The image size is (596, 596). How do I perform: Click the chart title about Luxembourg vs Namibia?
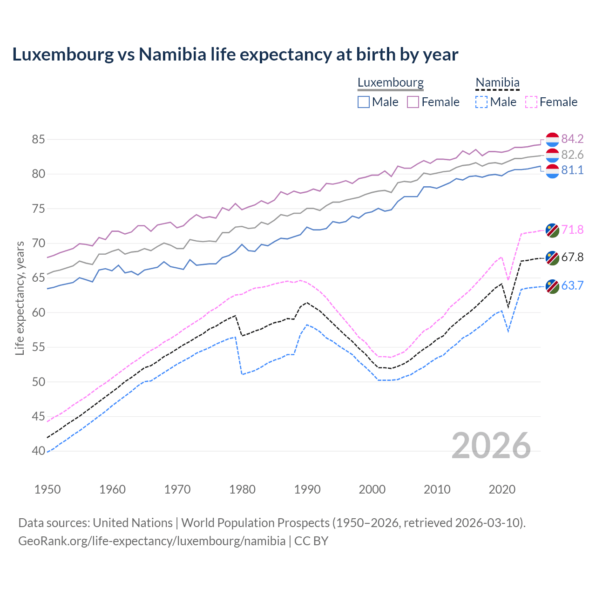[235, 54]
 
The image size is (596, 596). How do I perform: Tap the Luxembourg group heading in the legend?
[390, 82]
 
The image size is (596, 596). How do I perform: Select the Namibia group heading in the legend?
[497, 82]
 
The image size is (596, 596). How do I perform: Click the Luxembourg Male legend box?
[364, 102]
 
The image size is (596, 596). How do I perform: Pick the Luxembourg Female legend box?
[413, 102]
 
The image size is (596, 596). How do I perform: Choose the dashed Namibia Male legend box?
[481, 102]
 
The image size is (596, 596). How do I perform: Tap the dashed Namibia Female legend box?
[531, 102]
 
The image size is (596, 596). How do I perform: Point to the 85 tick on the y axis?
[39, 139]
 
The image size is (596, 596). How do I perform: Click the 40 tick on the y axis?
[39, 451]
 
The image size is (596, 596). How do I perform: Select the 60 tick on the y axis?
[39, 312]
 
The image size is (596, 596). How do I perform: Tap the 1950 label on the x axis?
[47, 489]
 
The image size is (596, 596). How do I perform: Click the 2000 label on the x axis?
[372, 489]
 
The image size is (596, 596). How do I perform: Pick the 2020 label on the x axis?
[502, 489]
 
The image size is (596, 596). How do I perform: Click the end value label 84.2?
[572, 139]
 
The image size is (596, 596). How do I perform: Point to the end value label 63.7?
[572, 285]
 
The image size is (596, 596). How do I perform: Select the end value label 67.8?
[572, 257]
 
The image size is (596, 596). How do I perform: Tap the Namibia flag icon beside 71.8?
[552, 230]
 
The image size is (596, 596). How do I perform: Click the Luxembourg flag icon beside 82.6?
[552, 155]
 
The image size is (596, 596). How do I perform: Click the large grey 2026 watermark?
[491, 446]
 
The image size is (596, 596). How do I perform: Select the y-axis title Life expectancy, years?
[20, 298]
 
